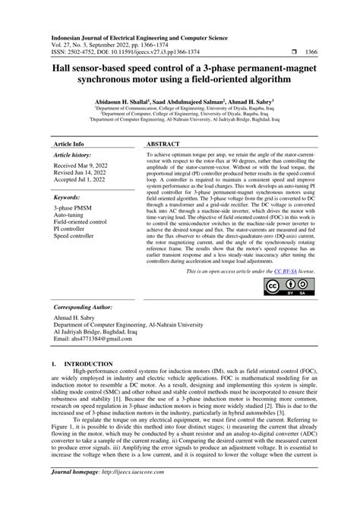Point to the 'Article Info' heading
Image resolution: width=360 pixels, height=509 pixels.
(69, 143)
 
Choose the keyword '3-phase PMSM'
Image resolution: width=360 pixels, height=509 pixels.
(73, 207)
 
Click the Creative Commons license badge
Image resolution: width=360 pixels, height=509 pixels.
(287, 266)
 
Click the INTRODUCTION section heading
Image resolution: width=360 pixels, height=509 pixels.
(79, 365)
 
